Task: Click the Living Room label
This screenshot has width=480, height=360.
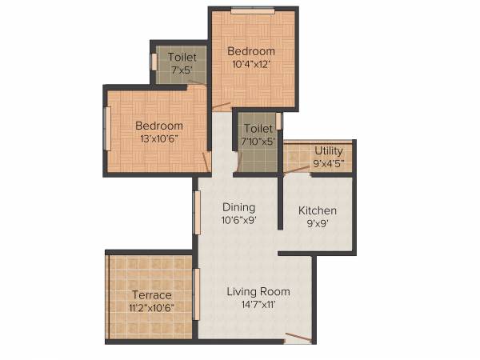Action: (258, 291)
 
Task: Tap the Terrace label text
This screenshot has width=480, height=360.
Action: (152, 295)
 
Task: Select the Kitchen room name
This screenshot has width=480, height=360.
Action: (318, 210)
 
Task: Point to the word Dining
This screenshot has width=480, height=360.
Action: (238, 206)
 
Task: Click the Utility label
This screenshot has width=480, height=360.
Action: (329, 150)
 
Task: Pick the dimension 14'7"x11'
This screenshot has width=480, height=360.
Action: (250, 305)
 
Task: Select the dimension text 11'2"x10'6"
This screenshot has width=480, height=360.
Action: (152, 307)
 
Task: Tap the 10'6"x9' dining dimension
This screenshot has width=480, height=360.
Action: (238, 220)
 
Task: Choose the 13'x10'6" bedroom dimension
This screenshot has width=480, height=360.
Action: (158, 138)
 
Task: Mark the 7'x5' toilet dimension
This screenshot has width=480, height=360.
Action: (181, 70)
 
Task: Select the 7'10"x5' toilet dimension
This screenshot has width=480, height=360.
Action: (257, 142)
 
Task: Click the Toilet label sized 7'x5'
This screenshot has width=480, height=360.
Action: (182, 57)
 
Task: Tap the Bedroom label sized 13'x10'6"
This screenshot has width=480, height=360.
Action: (158, 126)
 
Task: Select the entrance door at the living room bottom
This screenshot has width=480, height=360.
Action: (298, 339)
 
